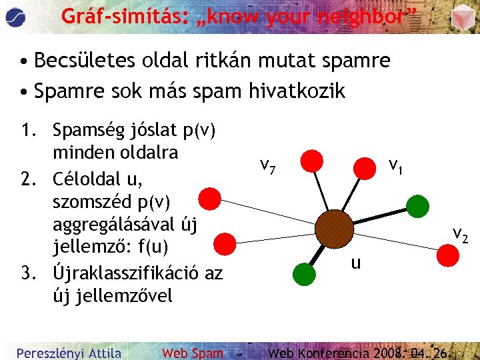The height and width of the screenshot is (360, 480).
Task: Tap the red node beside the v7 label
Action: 311,161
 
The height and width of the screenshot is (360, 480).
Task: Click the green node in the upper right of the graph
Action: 417,206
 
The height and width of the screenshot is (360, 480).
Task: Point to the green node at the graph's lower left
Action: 304,272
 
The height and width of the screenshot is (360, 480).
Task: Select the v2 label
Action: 460,234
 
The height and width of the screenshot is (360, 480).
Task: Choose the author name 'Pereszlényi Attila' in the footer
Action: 69,353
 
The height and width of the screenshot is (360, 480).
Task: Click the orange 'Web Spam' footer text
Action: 193,353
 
